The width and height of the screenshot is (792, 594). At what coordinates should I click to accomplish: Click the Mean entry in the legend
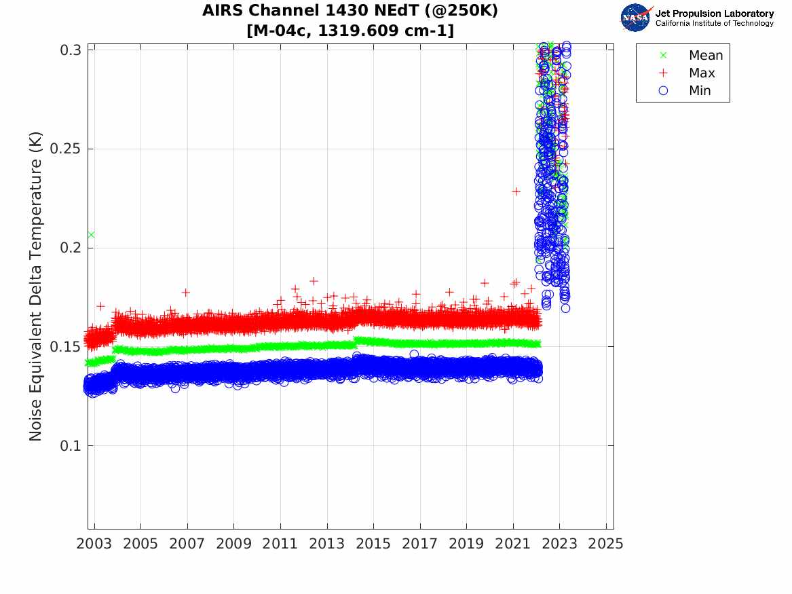(x=705, y=56)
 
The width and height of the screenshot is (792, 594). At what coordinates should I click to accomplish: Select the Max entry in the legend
(x=701, y=73)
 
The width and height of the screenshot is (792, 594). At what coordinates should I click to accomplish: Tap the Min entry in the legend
(x=700, y=90)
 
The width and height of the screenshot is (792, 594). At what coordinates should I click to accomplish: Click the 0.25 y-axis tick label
(x=68, y=149)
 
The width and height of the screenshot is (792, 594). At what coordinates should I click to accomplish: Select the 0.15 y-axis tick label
(x=68, y=347)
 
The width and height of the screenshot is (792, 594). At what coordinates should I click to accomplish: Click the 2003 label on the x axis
(x=94, y=544)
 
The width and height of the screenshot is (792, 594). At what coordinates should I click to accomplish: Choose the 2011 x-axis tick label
(x=280, y=544)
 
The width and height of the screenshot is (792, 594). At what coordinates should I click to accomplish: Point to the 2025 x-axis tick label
(x=606, y=544)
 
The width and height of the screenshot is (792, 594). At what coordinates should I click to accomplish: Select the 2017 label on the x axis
(x=420, y=544)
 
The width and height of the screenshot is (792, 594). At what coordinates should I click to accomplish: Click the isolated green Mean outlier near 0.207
(x=91, y=235)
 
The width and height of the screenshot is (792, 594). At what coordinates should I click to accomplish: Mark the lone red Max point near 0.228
(x=516, y=191)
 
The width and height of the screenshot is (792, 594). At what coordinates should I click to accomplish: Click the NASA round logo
(x=636, y=18)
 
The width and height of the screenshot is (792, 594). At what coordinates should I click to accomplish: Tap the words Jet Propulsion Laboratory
(x=714, y=14)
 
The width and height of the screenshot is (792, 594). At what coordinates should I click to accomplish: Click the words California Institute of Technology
(x=714, y=24)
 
